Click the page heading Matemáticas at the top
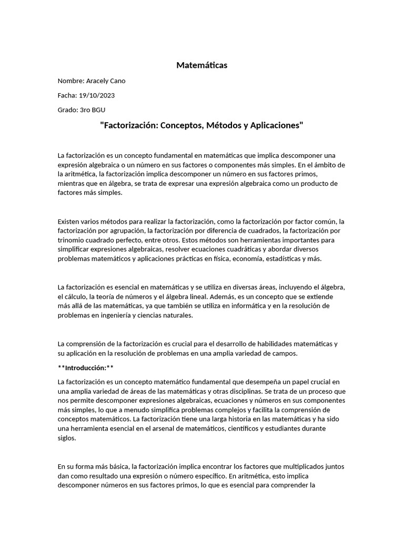202,65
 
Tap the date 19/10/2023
96,95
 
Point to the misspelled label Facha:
67,95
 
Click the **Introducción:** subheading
86,367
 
